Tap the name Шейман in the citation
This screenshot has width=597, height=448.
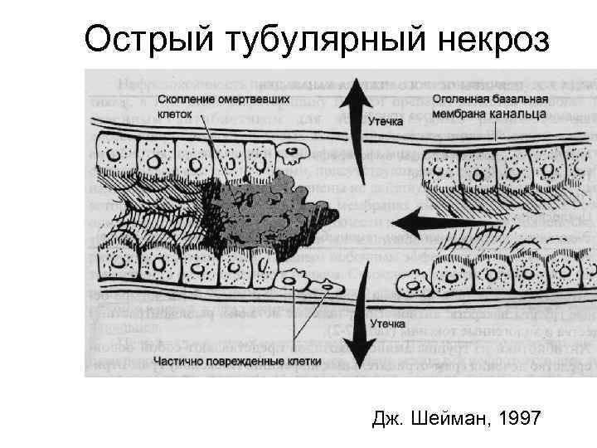tap(449, 420)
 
